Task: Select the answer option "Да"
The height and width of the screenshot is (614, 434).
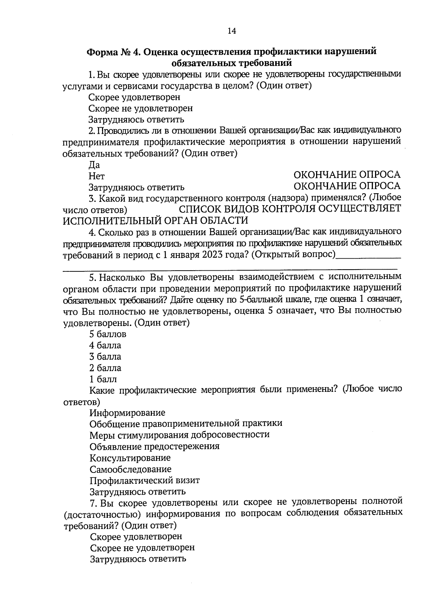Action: [94, 165]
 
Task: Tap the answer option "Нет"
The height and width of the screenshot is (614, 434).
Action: [97, 176]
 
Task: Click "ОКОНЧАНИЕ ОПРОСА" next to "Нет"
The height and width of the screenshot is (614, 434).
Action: [346, 175]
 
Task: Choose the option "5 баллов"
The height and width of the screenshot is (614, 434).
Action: [108, 334]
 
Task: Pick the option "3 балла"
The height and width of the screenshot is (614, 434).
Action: [105, 357]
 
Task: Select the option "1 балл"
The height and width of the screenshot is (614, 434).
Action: [103, 379]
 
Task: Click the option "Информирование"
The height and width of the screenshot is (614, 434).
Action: [127, 412]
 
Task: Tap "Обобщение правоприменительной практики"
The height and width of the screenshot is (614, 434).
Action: [186, 423]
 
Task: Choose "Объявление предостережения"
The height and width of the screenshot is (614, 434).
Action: [154, 446]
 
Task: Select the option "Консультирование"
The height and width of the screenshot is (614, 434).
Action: [130, 458]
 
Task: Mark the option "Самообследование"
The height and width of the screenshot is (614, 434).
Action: [131, 469]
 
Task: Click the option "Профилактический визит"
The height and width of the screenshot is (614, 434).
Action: [145, 480]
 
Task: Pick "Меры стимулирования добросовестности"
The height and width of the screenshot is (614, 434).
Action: [179, 435]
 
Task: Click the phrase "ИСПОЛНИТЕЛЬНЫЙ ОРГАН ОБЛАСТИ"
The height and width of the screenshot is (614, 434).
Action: [156, 220]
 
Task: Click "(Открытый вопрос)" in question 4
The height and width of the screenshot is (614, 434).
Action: [293, 254]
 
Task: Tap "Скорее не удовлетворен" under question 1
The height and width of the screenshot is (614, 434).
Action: [141, 108]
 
